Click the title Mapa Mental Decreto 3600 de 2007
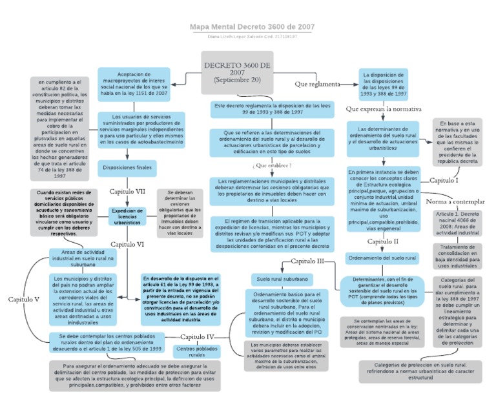253,27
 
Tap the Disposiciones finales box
127,167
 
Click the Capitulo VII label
127,192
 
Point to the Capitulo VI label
127,244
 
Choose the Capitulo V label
25,299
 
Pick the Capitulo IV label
197,336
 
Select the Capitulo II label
383,241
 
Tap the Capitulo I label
444,180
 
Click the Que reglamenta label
317,84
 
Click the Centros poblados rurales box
196,352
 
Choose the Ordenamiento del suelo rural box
383,258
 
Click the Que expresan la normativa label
383,109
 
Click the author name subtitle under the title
253,37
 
